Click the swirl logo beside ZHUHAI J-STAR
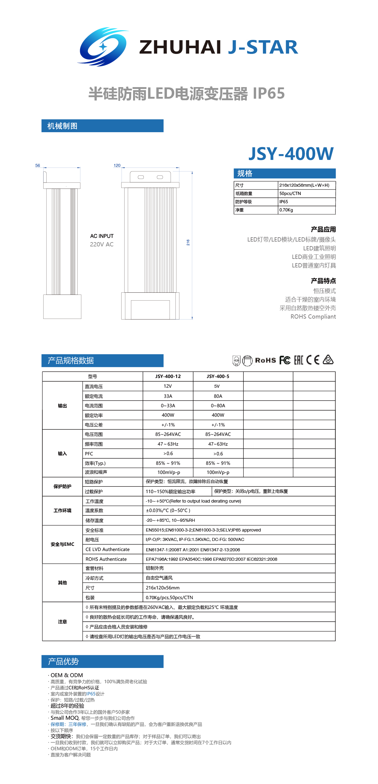coord(103,47)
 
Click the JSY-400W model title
coord(291,154)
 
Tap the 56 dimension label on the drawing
coord(37,165)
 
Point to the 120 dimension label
coord(117,165)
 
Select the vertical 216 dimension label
coord(188,242)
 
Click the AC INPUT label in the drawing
coord(102,236)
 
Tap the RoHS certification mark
coord(265,360)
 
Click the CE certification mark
coord(313,360)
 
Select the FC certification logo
coord(285,360)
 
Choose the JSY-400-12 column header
coord(168,376)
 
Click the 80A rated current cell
coord(218,396)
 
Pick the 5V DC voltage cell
coord(217,386)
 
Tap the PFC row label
coord(89,454)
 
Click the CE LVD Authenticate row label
coord(108,549)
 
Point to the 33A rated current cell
coord(168,396)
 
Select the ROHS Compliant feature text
coord(313,316)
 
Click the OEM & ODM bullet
coord(66,675)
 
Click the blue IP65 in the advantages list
coord(91,694)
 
